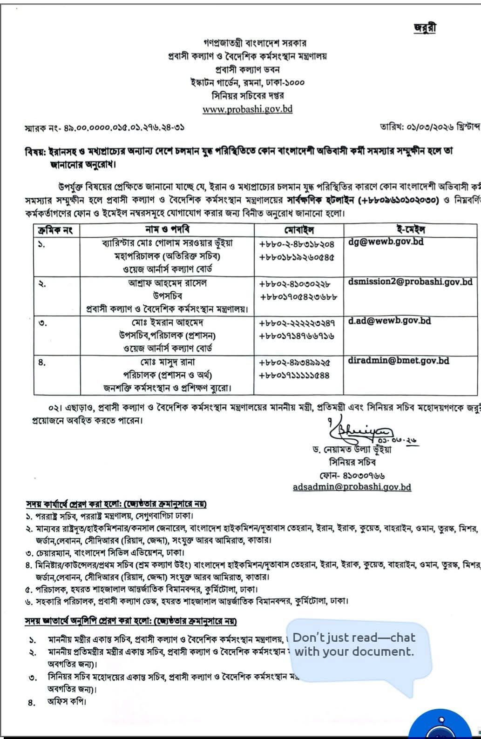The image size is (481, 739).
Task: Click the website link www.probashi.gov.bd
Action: [x=247, y=109]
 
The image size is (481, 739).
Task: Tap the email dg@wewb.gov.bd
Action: [x=386, y=242]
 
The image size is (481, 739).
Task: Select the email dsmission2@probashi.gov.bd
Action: [x=410, y=282]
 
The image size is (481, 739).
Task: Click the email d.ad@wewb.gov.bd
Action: [x=389, y=321]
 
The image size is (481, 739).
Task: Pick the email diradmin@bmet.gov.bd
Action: [x=399, y=360]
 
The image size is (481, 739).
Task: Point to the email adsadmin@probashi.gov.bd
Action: [x=352, y=487]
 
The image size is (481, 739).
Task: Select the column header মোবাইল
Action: [x=298, y=230]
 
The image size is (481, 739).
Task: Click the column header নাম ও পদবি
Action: [x=167, y=229]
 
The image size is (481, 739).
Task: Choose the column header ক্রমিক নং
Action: [x=57, y=230]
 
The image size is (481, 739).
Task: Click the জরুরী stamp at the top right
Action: [x=425, y=28]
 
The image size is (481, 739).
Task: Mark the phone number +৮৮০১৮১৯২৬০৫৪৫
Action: [x=297, y=256]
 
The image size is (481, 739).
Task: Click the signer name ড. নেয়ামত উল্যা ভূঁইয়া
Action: [x=352, y=450]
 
